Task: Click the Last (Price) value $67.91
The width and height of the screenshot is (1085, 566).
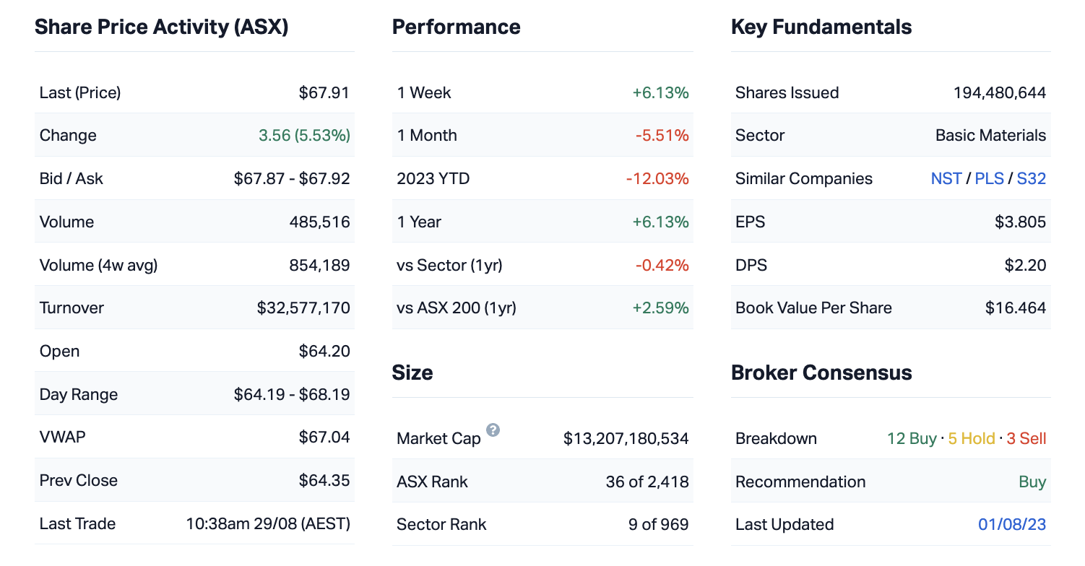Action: tap(324, 92)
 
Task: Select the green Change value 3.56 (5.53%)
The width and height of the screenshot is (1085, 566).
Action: tap(304, 136)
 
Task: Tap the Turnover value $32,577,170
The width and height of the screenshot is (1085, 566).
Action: tap(303, 308)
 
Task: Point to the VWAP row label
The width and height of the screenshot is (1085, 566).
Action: tap(62, 437)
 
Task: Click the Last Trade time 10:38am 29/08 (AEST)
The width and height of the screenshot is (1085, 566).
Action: tap(268, 524)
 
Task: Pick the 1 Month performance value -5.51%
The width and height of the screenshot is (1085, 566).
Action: tap(662, 136)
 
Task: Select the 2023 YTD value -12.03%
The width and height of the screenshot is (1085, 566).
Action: tap(657, 179)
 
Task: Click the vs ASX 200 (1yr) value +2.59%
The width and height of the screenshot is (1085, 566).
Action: tap(660, 308)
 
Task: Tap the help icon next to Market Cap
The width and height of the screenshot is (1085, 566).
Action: tap(493, 430)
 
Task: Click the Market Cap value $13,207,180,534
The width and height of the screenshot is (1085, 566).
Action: tap(626, 438)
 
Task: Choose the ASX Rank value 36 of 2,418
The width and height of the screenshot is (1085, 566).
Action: tap(647, 482)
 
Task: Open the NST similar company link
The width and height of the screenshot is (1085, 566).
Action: tap(946, 179)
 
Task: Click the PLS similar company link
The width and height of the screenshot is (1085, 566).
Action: tap(989, 179)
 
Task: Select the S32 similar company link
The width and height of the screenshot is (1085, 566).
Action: tap(1031, 179)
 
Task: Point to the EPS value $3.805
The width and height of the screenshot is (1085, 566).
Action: tap(1020, 222)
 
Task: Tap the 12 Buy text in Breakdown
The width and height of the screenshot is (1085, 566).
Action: tap(912, 439)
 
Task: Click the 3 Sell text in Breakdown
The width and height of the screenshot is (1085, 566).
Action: tap(1026, 439)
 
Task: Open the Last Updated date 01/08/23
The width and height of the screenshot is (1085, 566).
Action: tap(1012, 525)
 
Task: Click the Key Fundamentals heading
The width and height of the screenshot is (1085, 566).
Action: tap(821, 27)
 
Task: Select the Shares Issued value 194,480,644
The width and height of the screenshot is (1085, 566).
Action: tap(999, 92)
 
